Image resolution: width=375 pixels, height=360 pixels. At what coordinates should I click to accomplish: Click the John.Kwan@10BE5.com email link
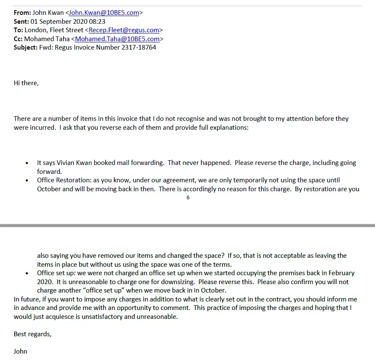point(104,13)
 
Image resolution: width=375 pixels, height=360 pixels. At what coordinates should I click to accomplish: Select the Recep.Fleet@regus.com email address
point(124,30)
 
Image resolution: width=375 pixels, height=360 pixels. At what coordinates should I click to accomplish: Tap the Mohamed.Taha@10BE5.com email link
point(117,39)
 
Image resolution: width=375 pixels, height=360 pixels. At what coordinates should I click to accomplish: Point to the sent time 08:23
point(98,21)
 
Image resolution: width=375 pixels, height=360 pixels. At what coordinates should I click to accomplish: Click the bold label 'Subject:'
point(25,47)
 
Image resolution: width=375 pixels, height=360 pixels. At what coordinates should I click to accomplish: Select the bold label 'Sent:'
point(21,21)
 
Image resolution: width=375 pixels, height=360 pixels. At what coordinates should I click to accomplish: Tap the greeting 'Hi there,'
point(26,83)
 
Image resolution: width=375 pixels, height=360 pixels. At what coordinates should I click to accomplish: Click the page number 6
point(188,198)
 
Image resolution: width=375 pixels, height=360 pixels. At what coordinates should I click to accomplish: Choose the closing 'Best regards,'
point(33,334)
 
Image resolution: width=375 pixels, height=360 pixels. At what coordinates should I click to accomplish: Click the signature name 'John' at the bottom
point(20,351)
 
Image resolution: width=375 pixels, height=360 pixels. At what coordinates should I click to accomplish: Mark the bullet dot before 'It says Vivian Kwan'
point(27,163)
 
